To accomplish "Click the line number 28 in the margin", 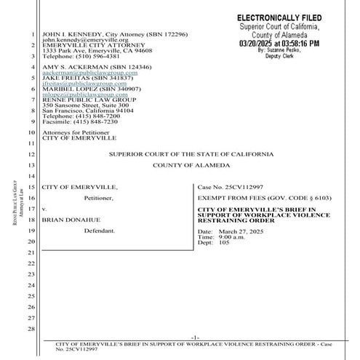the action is pos(31,329).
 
